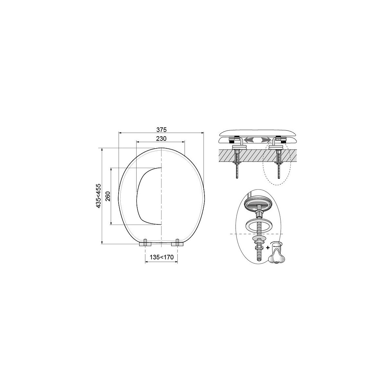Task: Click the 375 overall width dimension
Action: tap(161, 130)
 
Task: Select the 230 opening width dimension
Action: tap(161, 139)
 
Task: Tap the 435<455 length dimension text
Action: tap(98, 196)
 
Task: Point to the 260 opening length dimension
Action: tap(108, 196)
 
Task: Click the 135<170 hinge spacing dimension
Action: tap(161, 257)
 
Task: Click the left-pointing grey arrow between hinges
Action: tap(249, 139)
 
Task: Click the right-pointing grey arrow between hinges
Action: tap(266, 139)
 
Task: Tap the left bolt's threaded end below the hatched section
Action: tap(237, 172)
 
